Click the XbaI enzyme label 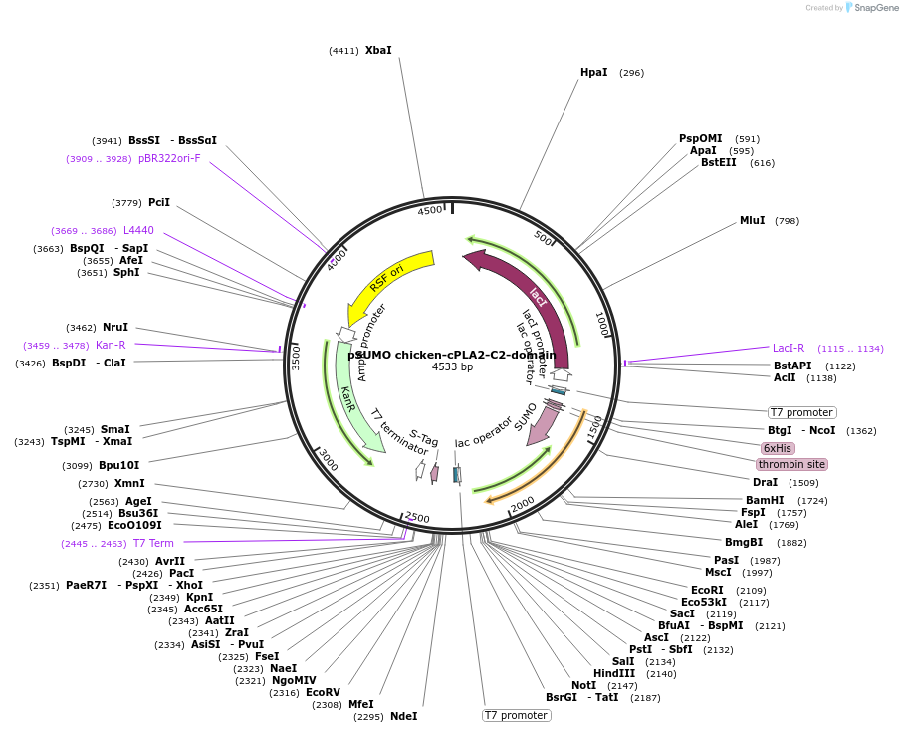click(x=378, y=50)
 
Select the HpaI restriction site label click(x=593, y=72)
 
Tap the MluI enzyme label click(x=752, y=220)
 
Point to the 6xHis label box click(x=777, y=448)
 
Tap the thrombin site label click(x=790, y=465)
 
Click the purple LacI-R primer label click(x=789, y=348)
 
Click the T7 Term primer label click(x=153, y=543)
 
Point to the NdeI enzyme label click(x=403, y=716)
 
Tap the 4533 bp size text click(x=452, y=367)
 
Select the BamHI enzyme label click(x=765, y=500)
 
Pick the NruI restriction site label click(x=115, y=327)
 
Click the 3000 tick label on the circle click(x=328, y=462)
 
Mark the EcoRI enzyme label click(x=707, y=590)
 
